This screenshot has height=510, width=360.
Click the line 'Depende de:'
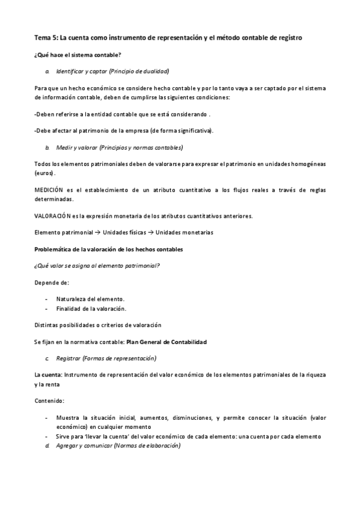(x=52, y=282)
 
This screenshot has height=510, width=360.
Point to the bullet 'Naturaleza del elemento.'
(x=90, y=299)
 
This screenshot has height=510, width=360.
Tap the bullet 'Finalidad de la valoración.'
(x=91, y=309)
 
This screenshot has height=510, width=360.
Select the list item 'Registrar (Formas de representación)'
(x=106, y=358)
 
